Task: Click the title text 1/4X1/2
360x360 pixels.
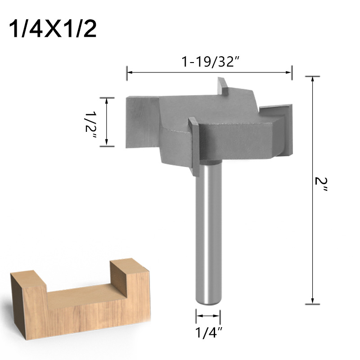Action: [53, 29]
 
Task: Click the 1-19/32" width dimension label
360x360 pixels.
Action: [209, 63]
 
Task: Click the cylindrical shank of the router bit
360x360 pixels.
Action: [208, 234]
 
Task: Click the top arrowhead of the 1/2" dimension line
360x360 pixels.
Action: [107, 100]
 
